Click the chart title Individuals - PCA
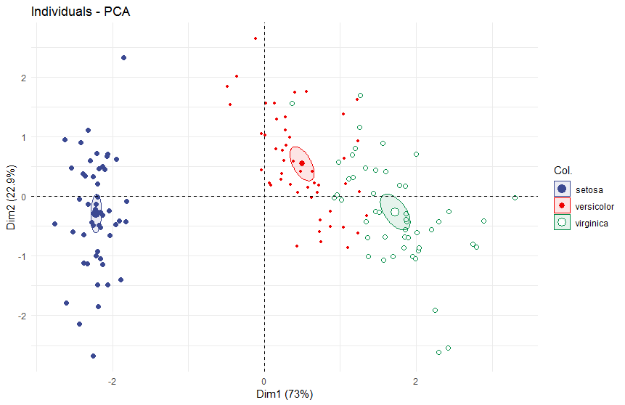click(x=80, y=12)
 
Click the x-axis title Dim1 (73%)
click(x=288, y=395)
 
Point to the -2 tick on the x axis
click(x=113, y=382)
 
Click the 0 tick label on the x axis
click(x=264, y=382)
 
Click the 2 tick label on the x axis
click(x=416, y=382)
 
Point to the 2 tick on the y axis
click(x=23, y=77)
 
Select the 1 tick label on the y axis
click(x=23, y=136)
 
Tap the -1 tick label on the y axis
click(x=22, y=256)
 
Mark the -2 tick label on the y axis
click(x=22, y=316)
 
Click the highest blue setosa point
click(x=123, y=57)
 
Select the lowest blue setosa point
click(x=93, y=356)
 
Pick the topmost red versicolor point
click(x=256, y=38)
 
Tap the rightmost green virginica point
click(x=515, y=198)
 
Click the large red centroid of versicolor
click(x=302, y=163)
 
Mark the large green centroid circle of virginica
click(x=395, y=212)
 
